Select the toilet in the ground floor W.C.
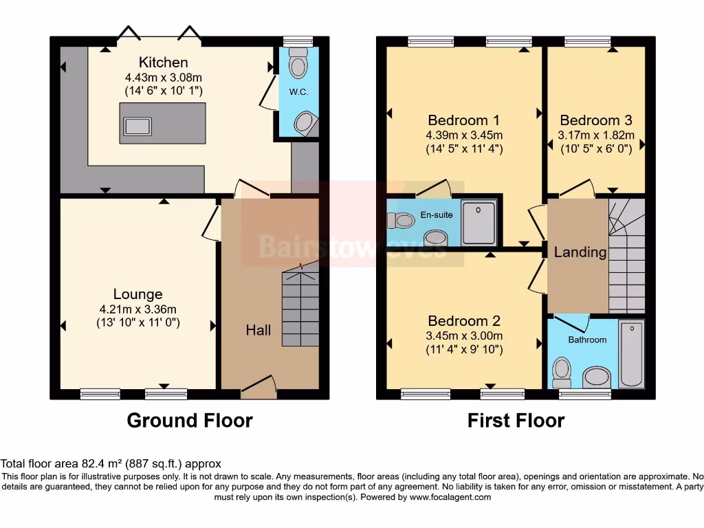pyautogui.click(x=298, y=65)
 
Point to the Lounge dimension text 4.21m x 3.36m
pyautogui.click(x=138, y=309)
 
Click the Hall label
pyautogui.click(x=258, y=330)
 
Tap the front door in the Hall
pyautogui.click(x=258, y=388)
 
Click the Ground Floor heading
pyautogui.click(x=190, y=420)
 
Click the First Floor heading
pyautogui.click(x=516, y=420)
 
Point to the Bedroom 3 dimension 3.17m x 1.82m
pyautogui.click(x=596, y=135)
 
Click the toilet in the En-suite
pyautogui.click(x=398, y=221)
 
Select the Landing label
pyautogui.click(x=580, y=252)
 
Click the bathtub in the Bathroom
pyautogui.click(x=631, y=353)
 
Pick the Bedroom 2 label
pyautogui.click(x=463, y=321)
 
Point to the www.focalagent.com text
pyautogui.click(x=451, y=497)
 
